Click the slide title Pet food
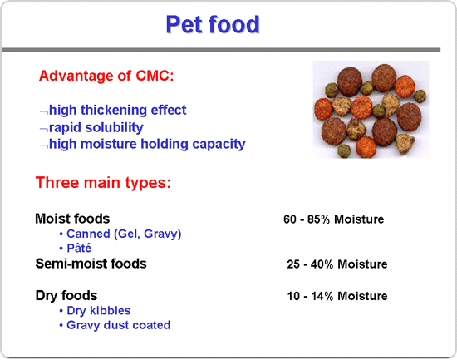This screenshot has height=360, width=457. tap(213, 24)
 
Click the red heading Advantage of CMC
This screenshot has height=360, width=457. tap(106, 76)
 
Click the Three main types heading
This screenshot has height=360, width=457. tap(103, 183)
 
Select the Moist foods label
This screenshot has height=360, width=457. tap(72, 219)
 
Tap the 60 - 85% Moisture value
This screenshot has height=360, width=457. tap(334, 219)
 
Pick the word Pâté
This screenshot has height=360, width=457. tap(79, 248)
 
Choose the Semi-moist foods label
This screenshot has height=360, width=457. tap(91, 264)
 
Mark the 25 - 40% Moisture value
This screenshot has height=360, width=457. tap(337, 264)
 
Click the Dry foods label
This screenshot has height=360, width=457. tap(66, 295)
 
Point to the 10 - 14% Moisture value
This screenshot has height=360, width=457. tap(337, 296)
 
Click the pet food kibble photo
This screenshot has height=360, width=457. tap(371, 110)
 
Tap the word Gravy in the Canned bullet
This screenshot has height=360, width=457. tap(162, 234)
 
